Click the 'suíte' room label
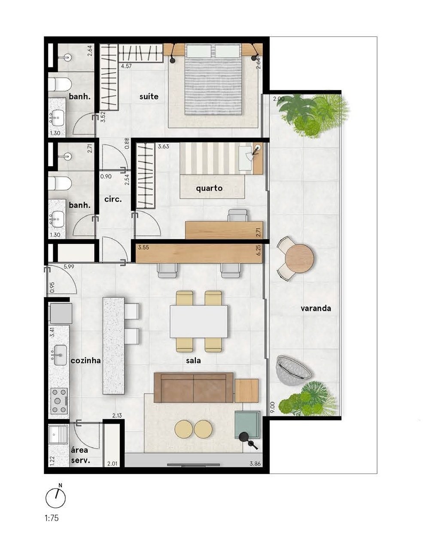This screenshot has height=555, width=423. [x=149, y=97]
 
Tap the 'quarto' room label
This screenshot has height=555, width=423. [x=209, y=188]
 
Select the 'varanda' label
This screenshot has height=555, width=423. [x=316, y=308]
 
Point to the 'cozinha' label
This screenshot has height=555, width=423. [x=85, y=360]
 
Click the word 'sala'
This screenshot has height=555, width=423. [x=193, y=361]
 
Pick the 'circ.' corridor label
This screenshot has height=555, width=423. [x=113, y=199]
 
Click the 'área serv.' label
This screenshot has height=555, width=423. [x=80, y=455]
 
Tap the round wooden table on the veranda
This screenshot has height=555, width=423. [x=300, y=258]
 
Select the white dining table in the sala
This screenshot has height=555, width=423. [x=199, y=321]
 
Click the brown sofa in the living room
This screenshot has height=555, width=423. [x=193, y=387]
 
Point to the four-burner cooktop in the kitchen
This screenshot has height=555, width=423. [x=59, y=400]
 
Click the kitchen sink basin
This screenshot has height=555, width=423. [x=60, y=355]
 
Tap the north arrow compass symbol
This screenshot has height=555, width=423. [x=56, y=498]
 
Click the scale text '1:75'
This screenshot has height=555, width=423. [x=52, y=518]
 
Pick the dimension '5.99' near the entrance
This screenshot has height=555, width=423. [x=69, y=267]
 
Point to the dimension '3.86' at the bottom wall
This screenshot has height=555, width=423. [x=256, y=464]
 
